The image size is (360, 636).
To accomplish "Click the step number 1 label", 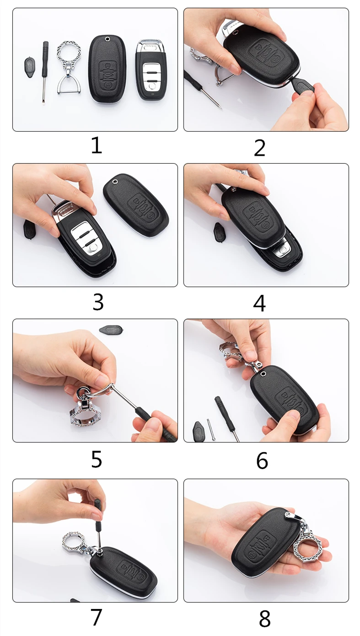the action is click(x=97, y=145).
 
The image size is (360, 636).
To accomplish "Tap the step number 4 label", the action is click(x=259, y=303).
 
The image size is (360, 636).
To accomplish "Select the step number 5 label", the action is click(x=97, y=459).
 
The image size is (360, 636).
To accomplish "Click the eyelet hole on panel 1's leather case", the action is click(x=107, y=39).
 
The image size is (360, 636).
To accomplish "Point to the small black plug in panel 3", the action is click(x=28, y=229).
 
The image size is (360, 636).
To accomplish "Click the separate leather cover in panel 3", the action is click(x=136, y=204).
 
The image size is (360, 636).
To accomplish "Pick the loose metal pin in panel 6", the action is click(x=210, y=429).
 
